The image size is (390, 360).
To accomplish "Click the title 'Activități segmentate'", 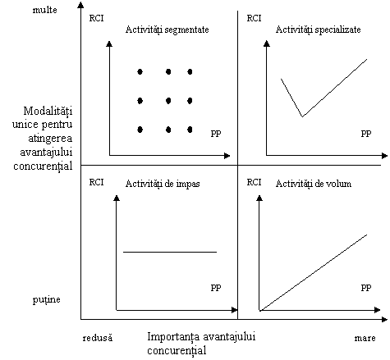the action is coord(167,30).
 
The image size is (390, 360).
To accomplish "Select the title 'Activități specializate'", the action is coord(318,30).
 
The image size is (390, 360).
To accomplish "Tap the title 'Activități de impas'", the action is coord(163,184).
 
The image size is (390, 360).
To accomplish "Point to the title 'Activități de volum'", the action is coord(314,184).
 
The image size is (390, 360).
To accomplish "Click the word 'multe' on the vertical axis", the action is coord(45,10).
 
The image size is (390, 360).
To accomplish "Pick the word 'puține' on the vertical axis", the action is coord(47,299).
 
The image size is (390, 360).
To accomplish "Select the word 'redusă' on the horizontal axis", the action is coord(98,338).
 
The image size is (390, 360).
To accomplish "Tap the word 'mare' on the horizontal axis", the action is coord(365,338).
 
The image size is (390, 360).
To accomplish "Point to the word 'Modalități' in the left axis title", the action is coord(48,112).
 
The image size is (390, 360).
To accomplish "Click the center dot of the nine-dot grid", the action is coord(168,101).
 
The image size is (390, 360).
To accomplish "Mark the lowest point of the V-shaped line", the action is coord(302,116).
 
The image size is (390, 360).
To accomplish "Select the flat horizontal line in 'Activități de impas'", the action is coord(170,252).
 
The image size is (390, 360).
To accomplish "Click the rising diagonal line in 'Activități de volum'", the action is coord(314,272).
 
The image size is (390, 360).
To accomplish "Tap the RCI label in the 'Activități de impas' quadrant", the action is coord(96,182).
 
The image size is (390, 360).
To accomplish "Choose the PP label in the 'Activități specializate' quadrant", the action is coord(366,134).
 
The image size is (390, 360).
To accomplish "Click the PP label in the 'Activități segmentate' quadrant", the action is coord(216,134).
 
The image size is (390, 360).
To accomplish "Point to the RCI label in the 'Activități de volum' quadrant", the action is coord(254,182).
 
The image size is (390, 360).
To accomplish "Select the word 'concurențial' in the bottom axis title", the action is coord(177,351).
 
